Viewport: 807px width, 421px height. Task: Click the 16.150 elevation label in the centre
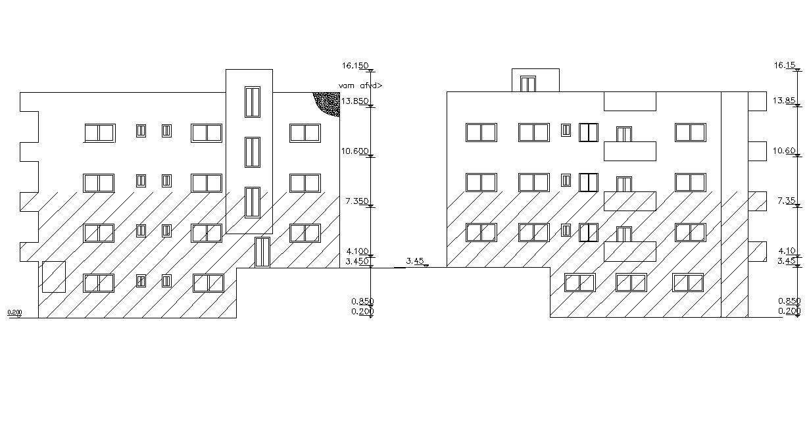(355, 66)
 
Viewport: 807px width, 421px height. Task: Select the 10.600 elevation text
(355, 151)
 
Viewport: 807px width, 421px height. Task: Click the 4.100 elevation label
(355, 251)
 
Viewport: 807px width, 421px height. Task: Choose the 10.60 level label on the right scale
(785, 151)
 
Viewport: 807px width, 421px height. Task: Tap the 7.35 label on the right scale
(787, 201)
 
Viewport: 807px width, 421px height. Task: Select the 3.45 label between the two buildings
(414, 261)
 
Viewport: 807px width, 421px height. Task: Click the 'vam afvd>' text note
(360, 86)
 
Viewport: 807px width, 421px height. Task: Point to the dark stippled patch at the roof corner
(328, 103)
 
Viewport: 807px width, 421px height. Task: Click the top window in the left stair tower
(253, 102)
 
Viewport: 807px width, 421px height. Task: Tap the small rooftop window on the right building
(527, 84)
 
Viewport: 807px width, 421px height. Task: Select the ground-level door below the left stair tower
(262, 252)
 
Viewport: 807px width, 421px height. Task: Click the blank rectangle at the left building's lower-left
(53, 276)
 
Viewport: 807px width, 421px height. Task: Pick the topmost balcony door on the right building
(624, 134)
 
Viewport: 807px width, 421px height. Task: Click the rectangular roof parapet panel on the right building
(629, 101)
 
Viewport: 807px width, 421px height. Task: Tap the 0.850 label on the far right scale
(789, 301)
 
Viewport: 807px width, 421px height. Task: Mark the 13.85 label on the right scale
(785, 101)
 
